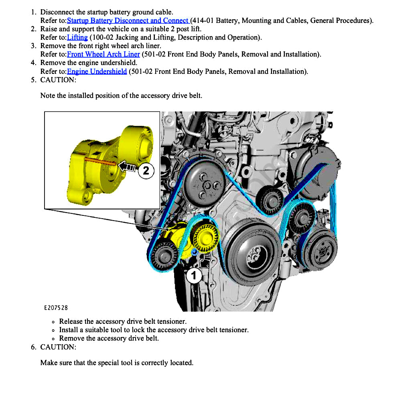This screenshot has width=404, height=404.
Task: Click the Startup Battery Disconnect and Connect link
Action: click(x=128, y=20)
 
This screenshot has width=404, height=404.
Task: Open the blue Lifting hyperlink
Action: click(x=77, y=37)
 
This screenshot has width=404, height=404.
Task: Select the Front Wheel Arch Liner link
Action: click(x=104, y=54)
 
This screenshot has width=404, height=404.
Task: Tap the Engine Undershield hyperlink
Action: click(x=97, y=71)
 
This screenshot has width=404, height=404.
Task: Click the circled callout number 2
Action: click(x=146, y=171)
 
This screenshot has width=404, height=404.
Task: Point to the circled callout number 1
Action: click(x=194, y=276)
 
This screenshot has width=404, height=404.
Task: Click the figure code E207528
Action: click(x=56, y=308)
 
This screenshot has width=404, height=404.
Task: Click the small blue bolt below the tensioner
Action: click(x=194, y=252)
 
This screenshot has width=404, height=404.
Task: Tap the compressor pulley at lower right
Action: click(x=322, y=251)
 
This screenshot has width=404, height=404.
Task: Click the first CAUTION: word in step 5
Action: click(x=58, y=80)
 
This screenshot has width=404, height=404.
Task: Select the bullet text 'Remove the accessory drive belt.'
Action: click(x=109, y=338)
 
